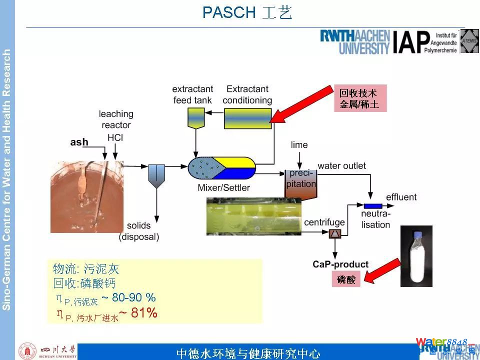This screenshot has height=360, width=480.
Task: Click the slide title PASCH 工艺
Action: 247,12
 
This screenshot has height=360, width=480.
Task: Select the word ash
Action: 79,142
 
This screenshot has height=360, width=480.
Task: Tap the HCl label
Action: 115,136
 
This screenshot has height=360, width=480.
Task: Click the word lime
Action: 299,145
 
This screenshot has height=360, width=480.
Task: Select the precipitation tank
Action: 301,182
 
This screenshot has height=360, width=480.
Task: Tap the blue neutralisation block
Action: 373,206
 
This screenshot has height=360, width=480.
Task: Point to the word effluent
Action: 401,197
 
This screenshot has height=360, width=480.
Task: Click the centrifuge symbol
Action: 334,233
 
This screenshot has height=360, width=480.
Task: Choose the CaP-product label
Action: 340,264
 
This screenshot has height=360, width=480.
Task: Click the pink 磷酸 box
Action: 346,280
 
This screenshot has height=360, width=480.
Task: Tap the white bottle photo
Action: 416,256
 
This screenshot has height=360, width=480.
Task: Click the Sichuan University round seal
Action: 27,351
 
